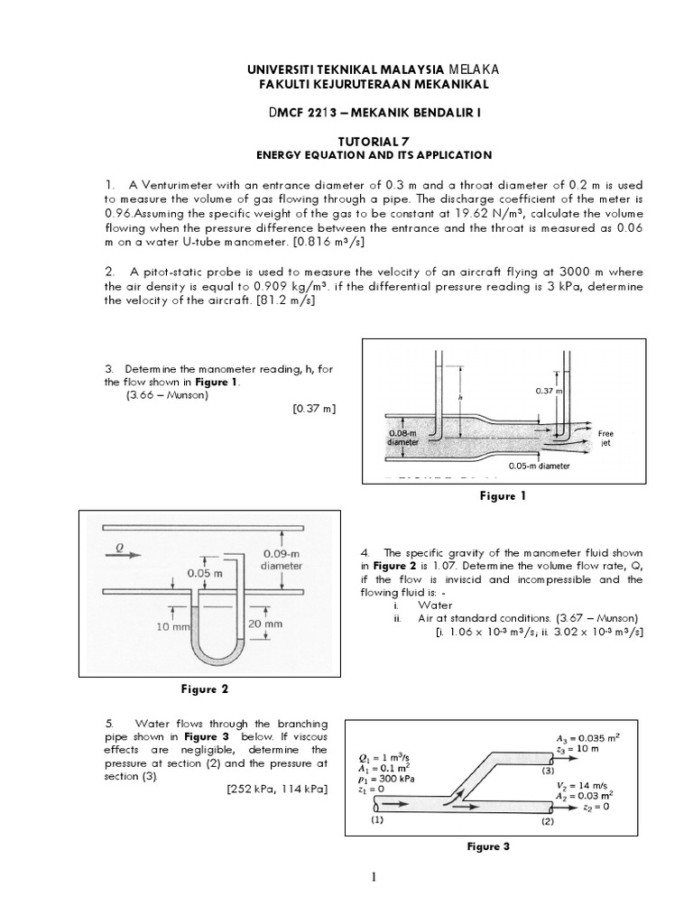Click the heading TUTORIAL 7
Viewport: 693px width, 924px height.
[346, 141]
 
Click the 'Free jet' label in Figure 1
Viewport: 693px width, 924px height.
[605, 439]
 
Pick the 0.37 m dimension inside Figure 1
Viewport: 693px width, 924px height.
[549, 391]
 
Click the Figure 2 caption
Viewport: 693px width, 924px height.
[206, 689]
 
